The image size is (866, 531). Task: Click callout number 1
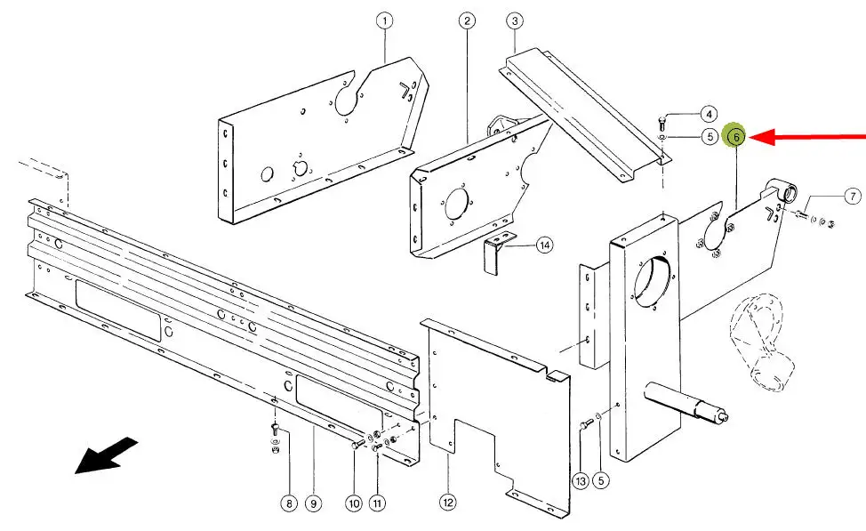click(384, 21)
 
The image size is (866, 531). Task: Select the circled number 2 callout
click(467, 21)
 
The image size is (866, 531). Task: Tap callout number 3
click(515, 21)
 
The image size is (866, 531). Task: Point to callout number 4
click(709, 115)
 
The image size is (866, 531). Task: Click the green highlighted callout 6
click(736, 136)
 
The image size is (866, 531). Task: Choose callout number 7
click(853, 197)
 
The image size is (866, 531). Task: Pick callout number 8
click(289, 503)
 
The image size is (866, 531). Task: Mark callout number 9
click(313, 503)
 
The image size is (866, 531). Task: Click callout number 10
click(354, 503)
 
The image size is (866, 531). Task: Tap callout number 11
click(377, 503)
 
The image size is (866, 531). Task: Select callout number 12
click(448, 503)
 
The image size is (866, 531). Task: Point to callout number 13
click(581, 481)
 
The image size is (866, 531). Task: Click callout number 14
click(544, 245)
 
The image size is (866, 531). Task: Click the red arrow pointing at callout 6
click(807, 136)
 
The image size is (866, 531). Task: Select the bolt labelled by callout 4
click(662, 122)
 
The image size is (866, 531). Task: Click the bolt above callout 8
click(276, 428)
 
